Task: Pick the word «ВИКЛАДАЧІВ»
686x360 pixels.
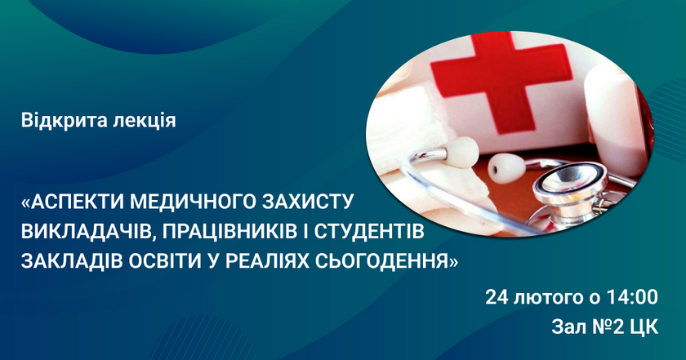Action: (x=86, y=231)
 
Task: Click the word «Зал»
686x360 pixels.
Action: (x=570, y=327)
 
